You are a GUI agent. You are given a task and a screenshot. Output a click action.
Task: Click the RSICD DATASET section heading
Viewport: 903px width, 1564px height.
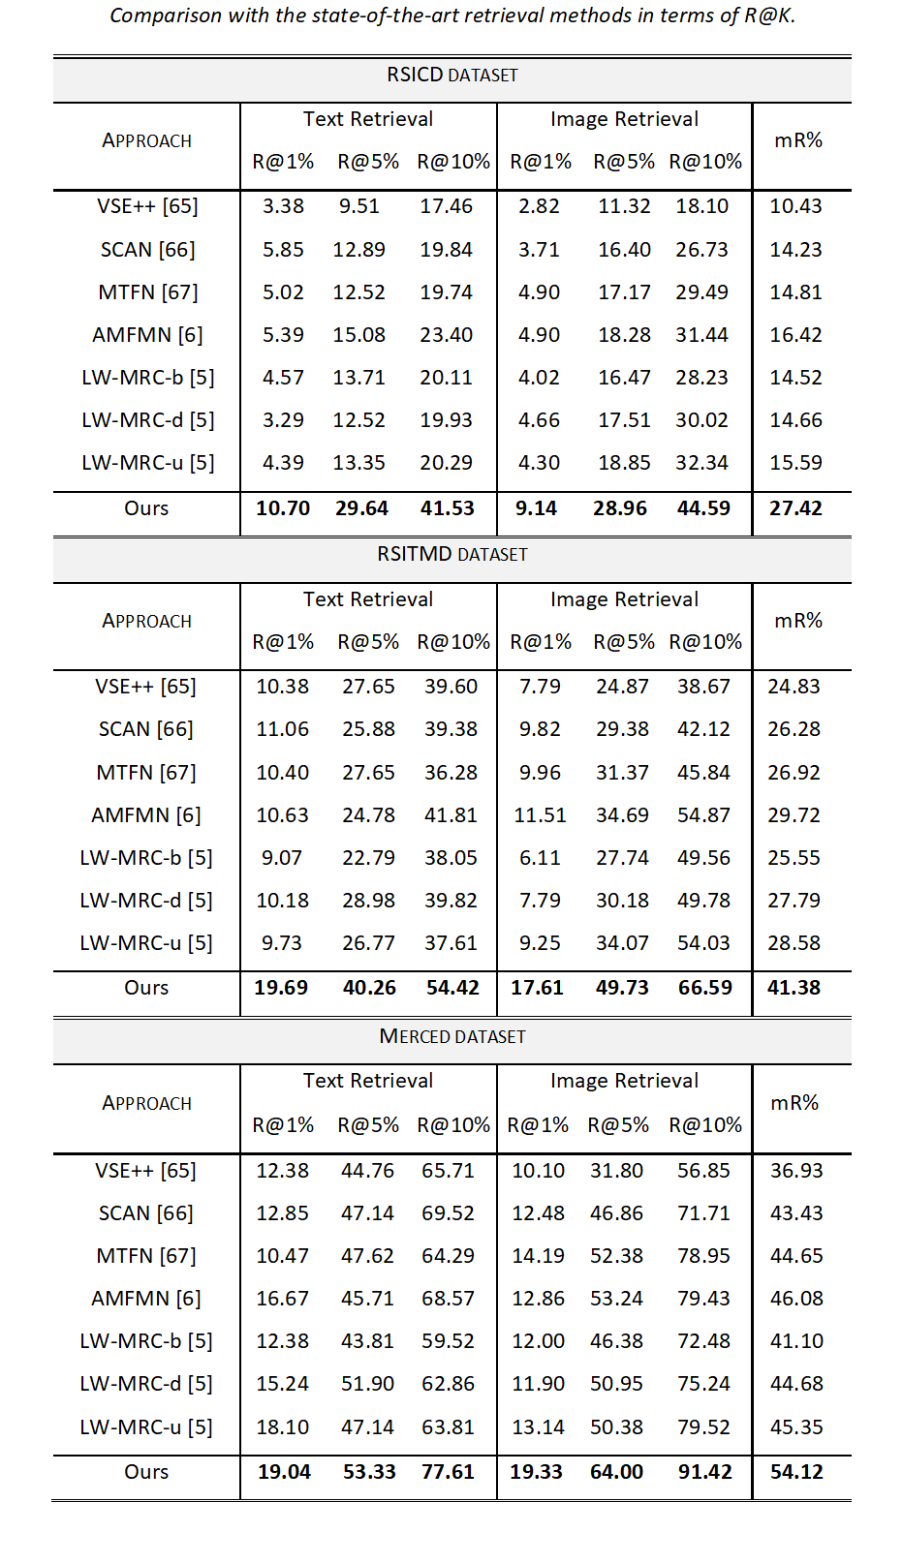451,76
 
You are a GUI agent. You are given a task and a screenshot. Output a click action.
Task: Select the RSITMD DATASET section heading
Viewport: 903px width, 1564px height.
451,555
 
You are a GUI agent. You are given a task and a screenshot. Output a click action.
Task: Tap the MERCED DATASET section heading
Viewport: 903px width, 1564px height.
451,1036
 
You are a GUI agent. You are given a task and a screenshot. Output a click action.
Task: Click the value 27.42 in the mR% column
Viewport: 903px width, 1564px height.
795,508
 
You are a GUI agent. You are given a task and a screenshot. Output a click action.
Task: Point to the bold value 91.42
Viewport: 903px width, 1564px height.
704,1472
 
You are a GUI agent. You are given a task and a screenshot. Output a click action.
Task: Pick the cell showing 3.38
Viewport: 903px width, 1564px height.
283,206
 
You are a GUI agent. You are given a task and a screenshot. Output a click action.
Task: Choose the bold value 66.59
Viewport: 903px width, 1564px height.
704,988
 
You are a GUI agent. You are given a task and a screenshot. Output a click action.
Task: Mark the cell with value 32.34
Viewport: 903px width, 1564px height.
701,463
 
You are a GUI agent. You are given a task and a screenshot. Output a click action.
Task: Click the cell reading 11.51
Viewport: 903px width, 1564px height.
540,815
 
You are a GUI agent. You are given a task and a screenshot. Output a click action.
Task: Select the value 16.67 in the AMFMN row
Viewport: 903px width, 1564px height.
283,1299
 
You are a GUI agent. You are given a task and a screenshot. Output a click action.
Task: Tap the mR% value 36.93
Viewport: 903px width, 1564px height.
796,1171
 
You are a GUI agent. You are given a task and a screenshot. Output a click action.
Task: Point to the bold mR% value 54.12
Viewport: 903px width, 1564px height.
796,1472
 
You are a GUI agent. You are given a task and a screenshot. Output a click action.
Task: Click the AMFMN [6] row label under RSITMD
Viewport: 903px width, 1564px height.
146,815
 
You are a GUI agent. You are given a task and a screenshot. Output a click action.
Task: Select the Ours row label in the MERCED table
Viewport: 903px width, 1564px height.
146,1472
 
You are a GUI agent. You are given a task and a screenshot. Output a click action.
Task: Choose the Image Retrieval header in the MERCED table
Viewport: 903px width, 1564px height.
624,1081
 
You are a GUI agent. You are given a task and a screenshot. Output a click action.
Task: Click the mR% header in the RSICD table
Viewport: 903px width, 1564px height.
798,140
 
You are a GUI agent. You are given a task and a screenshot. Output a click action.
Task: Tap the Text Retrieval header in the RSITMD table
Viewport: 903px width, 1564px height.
368,599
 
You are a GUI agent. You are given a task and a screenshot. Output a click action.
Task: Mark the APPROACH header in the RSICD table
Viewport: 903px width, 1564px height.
146,141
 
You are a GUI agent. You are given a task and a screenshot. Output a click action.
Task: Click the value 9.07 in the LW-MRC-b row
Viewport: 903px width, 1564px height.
282,858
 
